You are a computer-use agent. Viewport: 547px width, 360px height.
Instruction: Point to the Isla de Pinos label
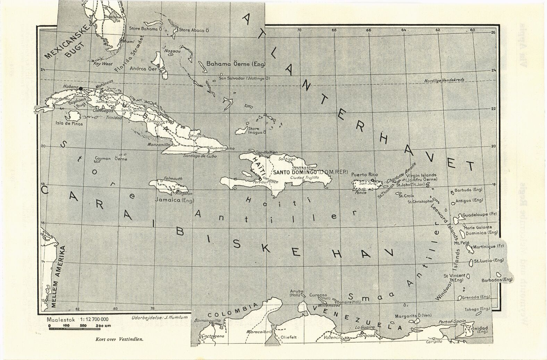[x=69, y=123]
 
